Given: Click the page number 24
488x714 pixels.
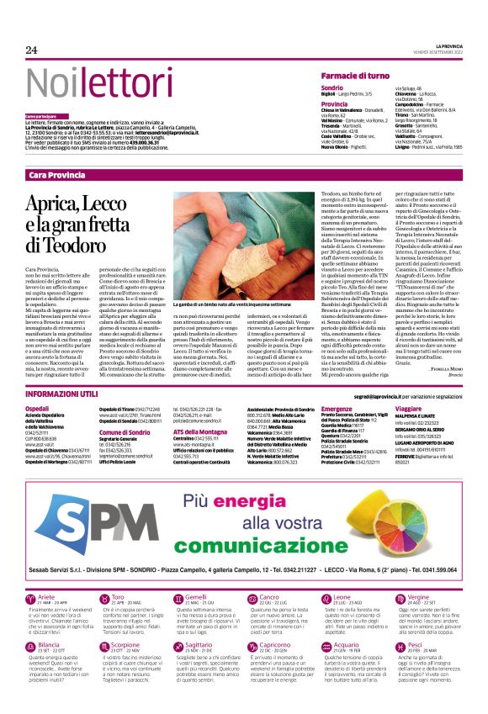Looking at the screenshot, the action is coord(32,50).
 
